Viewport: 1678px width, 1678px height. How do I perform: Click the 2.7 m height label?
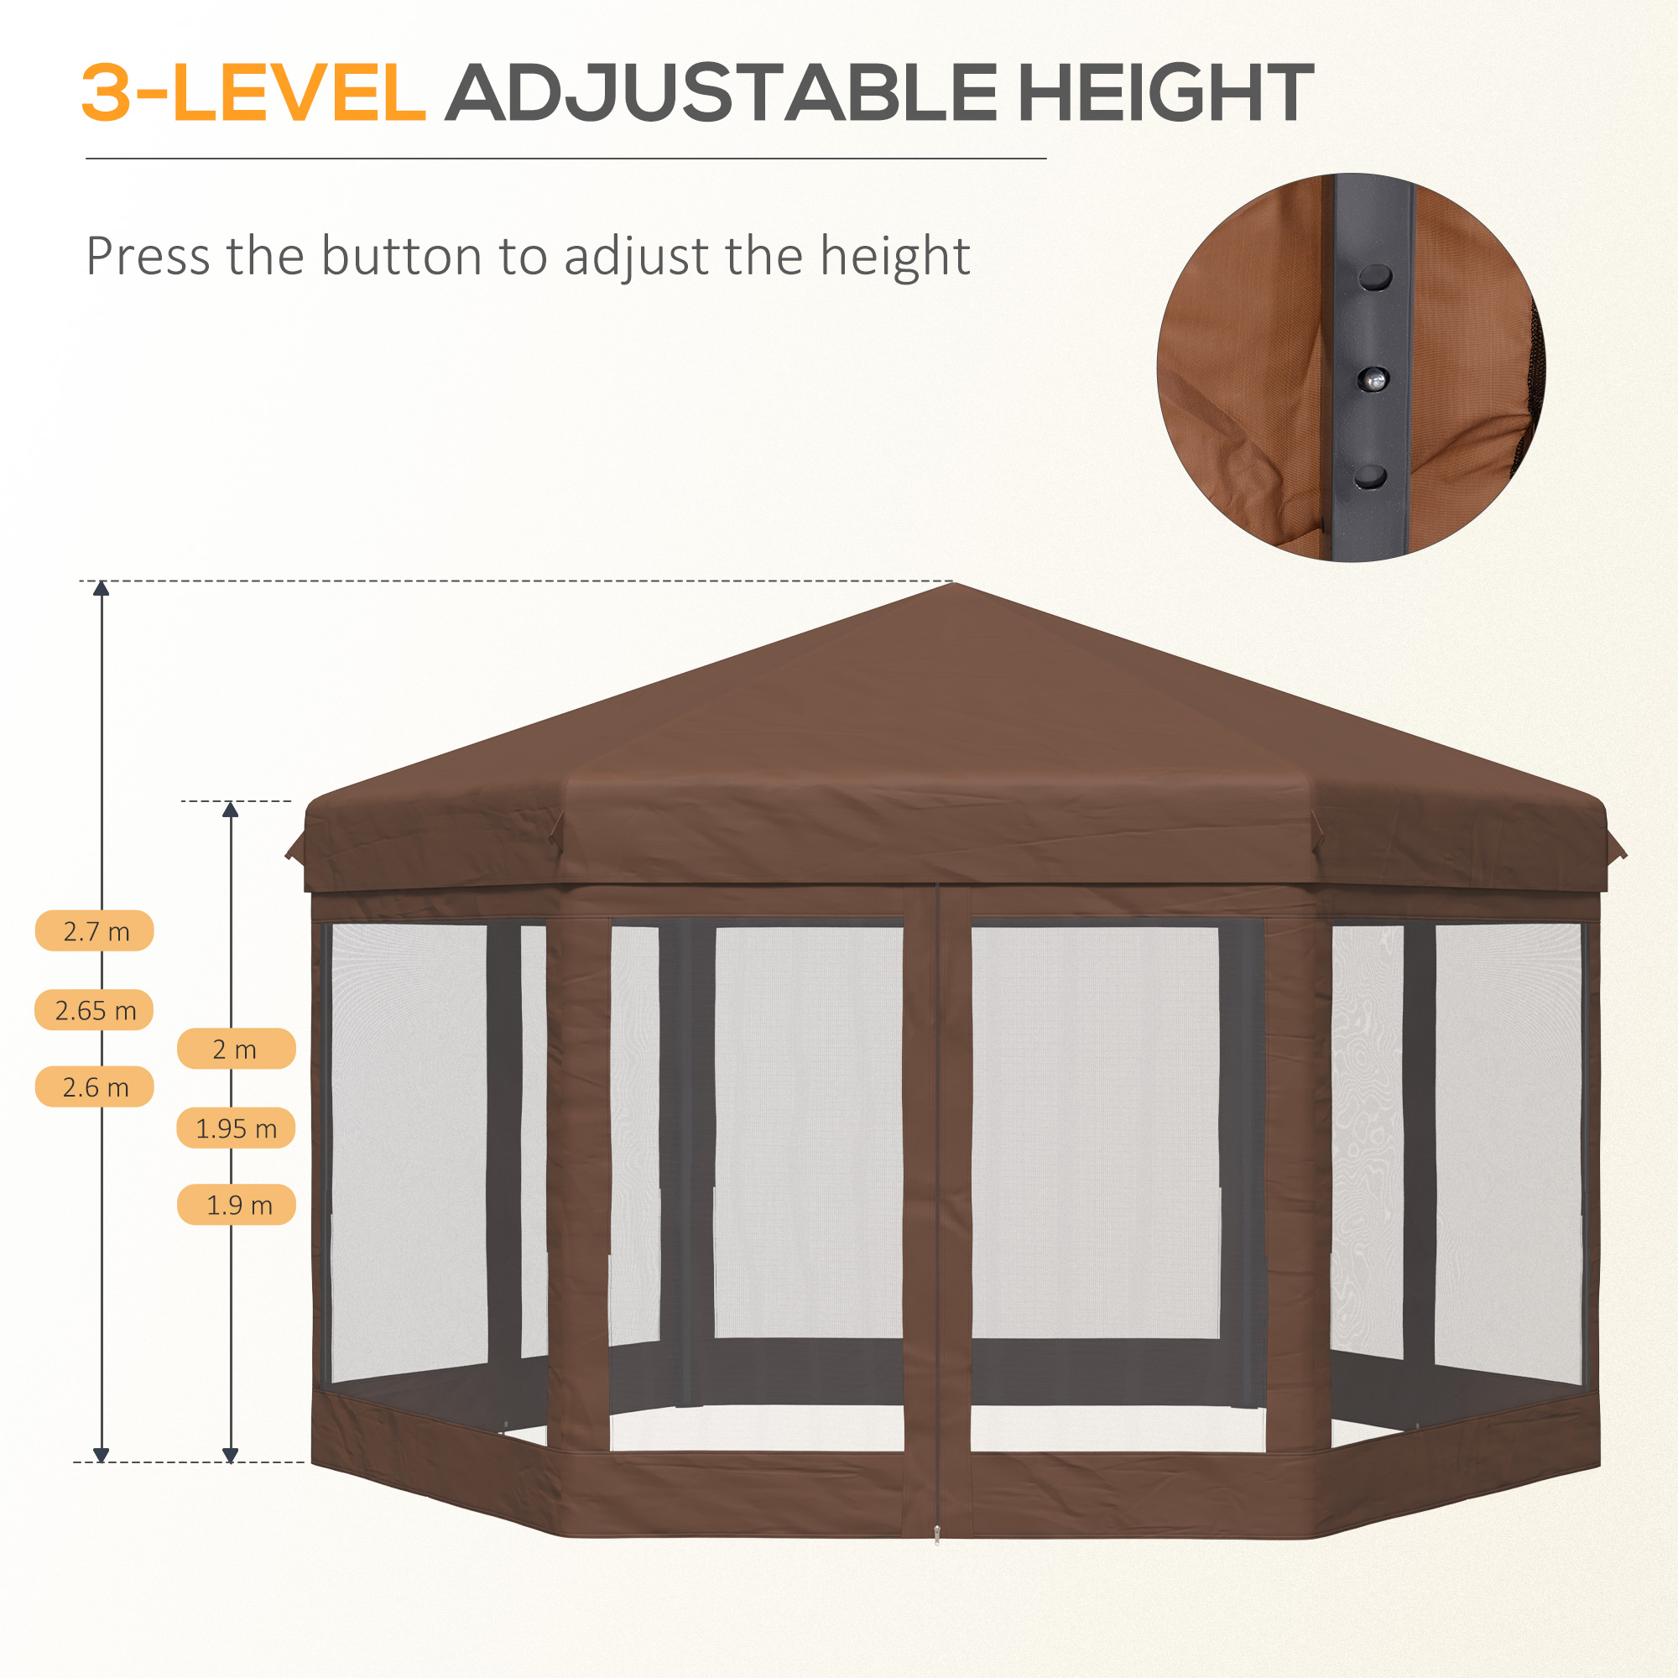click(x=95, y=931)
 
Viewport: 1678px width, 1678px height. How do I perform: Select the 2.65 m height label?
click(x=95, y=1010)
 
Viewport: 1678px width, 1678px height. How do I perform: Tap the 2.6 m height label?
click(x=95, y=1087)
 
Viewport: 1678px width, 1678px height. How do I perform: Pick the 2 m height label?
click(x=237, y=1050)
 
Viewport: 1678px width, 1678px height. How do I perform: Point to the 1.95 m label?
click(x=237, y=1128)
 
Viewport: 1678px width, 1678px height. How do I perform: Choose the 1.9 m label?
click(x=237, y=1205)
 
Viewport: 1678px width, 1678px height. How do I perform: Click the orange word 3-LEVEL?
click(x=253, y=93)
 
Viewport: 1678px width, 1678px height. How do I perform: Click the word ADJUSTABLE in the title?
click(x=721, y=93)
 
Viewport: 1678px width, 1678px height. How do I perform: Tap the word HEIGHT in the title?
click(x=1165, y=93)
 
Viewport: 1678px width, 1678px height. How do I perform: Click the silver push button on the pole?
click(x=1373, y=378)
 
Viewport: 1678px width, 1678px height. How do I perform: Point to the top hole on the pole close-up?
click(x=1375, y=277)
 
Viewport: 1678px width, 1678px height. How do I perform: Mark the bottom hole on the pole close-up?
click(x=1370, y=476)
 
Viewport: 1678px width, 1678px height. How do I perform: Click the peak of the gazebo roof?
click(x=953, y=584)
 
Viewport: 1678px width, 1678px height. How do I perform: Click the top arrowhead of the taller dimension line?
click(x=102, y=588)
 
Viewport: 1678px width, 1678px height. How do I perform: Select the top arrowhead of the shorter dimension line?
click(x=230, y=810)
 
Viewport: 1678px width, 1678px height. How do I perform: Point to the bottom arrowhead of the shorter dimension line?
click(x=230, y=1455)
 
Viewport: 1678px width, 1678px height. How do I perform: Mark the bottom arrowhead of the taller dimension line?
click(x=102, y=1455)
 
